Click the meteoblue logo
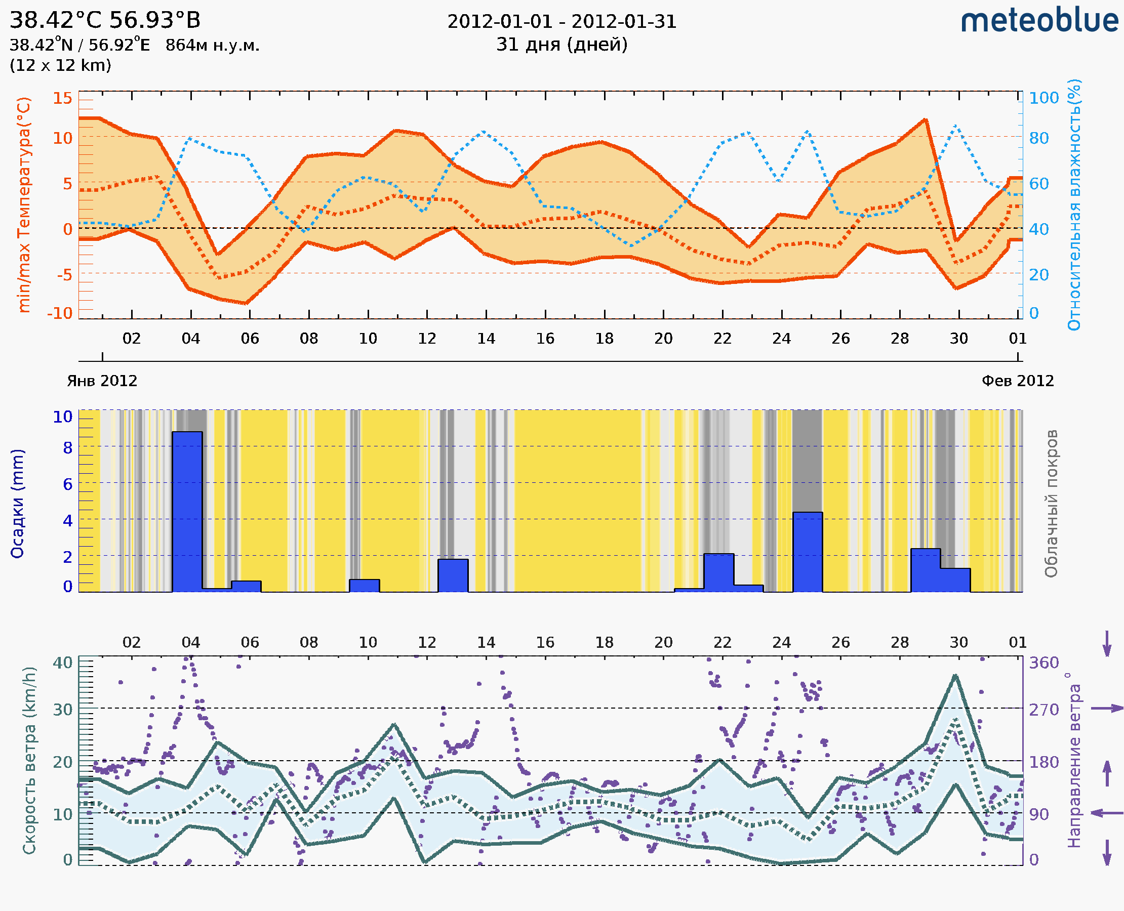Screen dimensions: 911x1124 point(1039,21)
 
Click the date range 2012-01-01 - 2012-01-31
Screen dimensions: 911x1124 point(561,22)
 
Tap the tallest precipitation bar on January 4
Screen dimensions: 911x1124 point(187,512)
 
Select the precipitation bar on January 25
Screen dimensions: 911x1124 point(808,552)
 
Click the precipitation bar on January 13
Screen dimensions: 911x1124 point(453,575)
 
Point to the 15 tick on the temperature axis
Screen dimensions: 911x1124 point(62,98)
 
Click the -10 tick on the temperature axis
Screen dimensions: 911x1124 point(60,313)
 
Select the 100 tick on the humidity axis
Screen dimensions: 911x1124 point(1043,98)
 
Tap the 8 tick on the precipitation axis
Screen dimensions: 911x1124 point(68,447)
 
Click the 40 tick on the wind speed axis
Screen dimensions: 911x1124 point(62,663)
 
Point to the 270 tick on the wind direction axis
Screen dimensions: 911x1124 point(1043,710)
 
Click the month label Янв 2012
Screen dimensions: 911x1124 point(102,381)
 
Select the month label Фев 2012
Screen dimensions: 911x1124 point(1018,381)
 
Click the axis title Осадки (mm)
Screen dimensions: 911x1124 point(17,504)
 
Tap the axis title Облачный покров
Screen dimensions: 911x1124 point(1051,504)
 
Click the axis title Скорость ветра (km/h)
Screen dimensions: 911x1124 point(29,760)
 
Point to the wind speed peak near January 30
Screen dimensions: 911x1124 point(955,676)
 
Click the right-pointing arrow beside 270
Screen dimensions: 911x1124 point(1107,709)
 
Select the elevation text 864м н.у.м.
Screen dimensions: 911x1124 point(213,46)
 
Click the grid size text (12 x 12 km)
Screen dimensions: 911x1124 point(60,66)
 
